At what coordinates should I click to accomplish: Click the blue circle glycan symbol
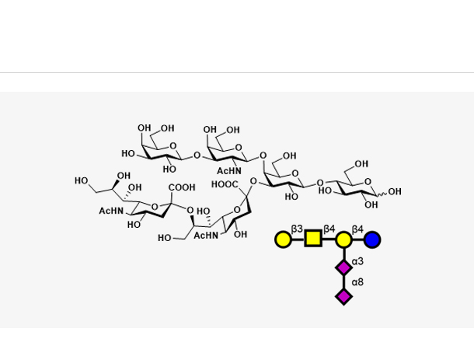pyautogui.click(x=372, y=239)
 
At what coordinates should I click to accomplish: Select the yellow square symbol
pyautogui.click(x=313, y=238)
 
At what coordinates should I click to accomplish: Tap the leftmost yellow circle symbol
pyautogui.click(x=284, y=239)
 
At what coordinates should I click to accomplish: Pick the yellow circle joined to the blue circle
pyautogui.click(x=343, y=239)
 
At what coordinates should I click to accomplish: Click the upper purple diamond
pyautogui.click(x=343, y=267)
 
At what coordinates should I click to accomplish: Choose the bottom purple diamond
pyautogui.click(x=343, y=296)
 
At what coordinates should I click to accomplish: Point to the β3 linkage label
pyautogui.click(x=297, y=229)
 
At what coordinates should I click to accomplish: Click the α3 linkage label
pyautogui.click(x=357, y=261)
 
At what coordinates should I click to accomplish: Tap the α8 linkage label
pyautogui.click(x=357, y=282)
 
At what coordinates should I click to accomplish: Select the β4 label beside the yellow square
pyautogui.click(x=329, y=229)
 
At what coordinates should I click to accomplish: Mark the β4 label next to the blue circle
pyautogui.click(x=357, y=229)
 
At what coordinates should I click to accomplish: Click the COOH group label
pyautogui.click(x=182, y=187)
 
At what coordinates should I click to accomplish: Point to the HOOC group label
pyautogui.click(x=225, y=184)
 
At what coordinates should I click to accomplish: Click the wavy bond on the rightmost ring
pyautogui.click(x=382, y=194)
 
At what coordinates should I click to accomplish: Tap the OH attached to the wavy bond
pyautogui.click(x=395, y=191)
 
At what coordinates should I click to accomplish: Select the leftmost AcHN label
pyautogui.click(x=111, y=211)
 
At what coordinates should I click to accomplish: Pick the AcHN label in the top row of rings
pyautogui.click(x=229, y=171)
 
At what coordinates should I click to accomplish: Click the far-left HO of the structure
pyautogui.click(x=82, y=180)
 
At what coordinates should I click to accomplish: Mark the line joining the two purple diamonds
pyautogui.click(x=343, y=282)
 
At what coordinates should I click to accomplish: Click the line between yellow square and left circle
pyautogui.click(x=298, y=239)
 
